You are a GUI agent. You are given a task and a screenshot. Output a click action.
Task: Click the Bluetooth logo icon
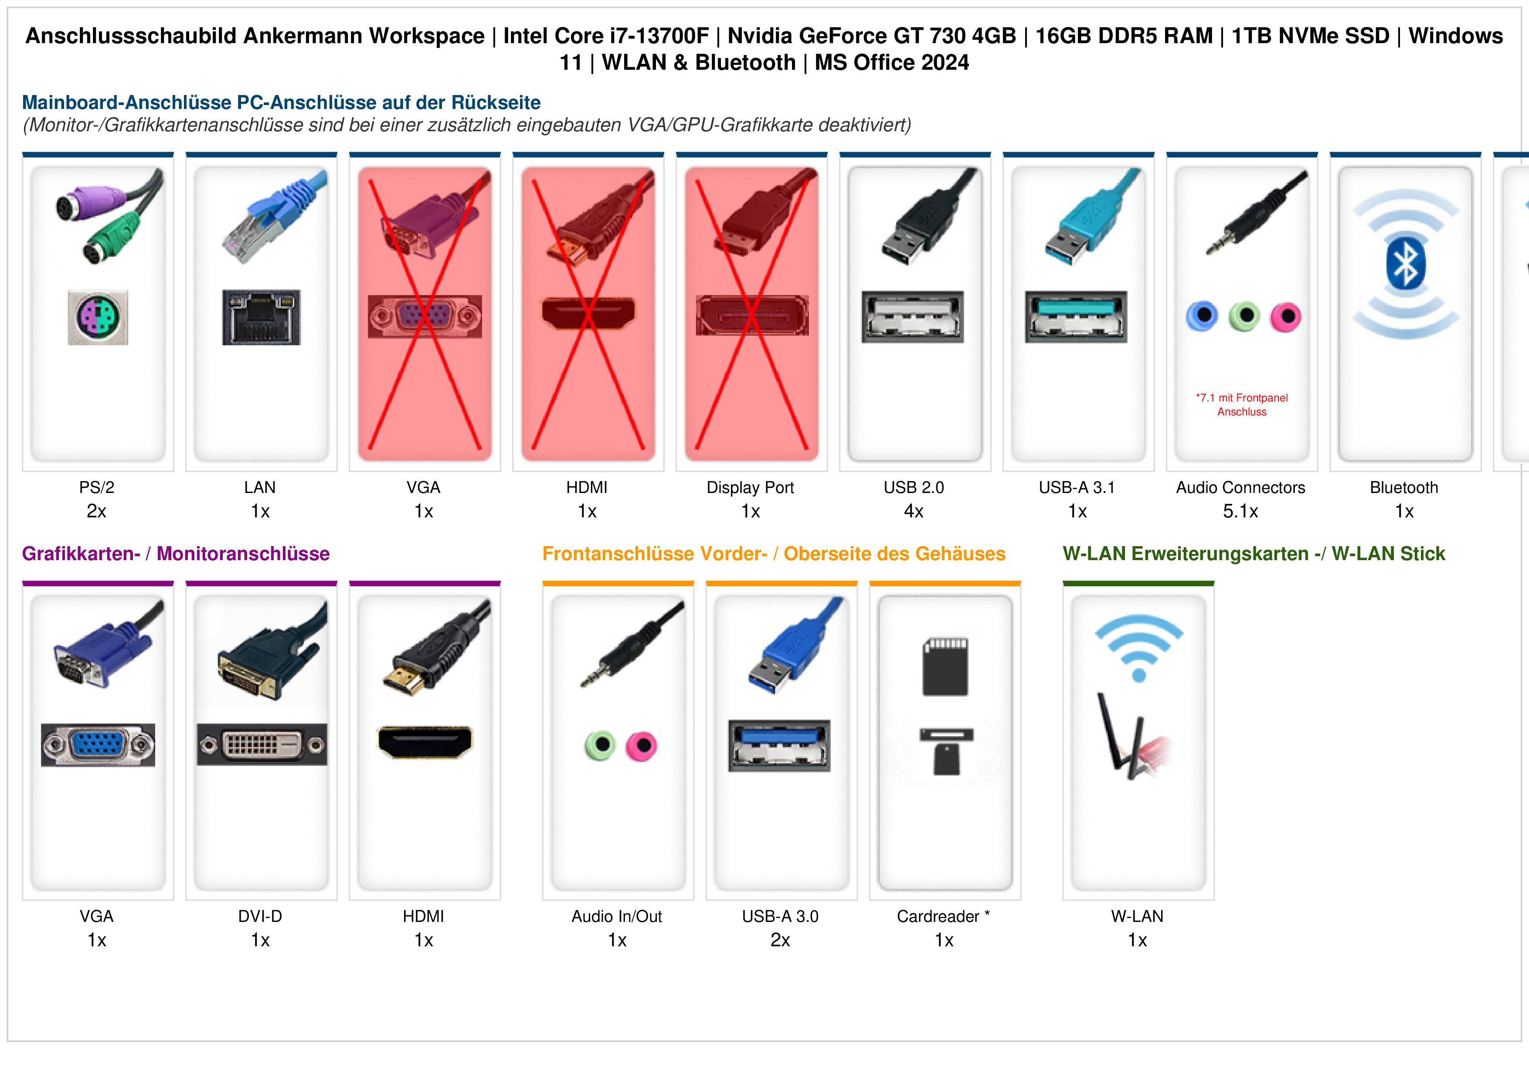[1405, 265]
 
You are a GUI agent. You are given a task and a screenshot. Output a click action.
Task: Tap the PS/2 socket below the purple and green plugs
[98, 317]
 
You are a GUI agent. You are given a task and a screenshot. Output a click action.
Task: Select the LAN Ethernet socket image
[261, 317]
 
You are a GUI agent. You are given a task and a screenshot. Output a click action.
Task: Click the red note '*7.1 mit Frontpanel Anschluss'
[1242, 405]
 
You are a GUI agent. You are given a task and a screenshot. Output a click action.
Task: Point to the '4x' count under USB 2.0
[914, 512]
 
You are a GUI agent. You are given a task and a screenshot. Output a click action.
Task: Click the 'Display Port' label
[751, 488]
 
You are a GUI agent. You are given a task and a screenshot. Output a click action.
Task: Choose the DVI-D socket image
[262, 744]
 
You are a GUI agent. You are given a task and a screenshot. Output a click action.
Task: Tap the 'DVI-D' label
[260, 917]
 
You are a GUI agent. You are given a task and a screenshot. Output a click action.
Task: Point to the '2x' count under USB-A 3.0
[781, 941]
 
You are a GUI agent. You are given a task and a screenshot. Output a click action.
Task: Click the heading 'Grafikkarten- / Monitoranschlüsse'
[176, 554]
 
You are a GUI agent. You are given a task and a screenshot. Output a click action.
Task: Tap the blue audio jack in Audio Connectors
[1202, 316]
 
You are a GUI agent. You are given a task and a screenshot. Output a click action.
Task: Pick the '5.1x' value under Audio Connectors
[1240, 512]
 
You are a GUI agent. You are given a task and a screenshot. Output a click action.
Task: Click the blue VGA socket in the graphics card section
[98, 744]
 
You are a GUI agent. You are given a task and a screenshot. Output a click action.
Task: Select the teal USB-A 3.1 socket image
[1076, 317]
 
